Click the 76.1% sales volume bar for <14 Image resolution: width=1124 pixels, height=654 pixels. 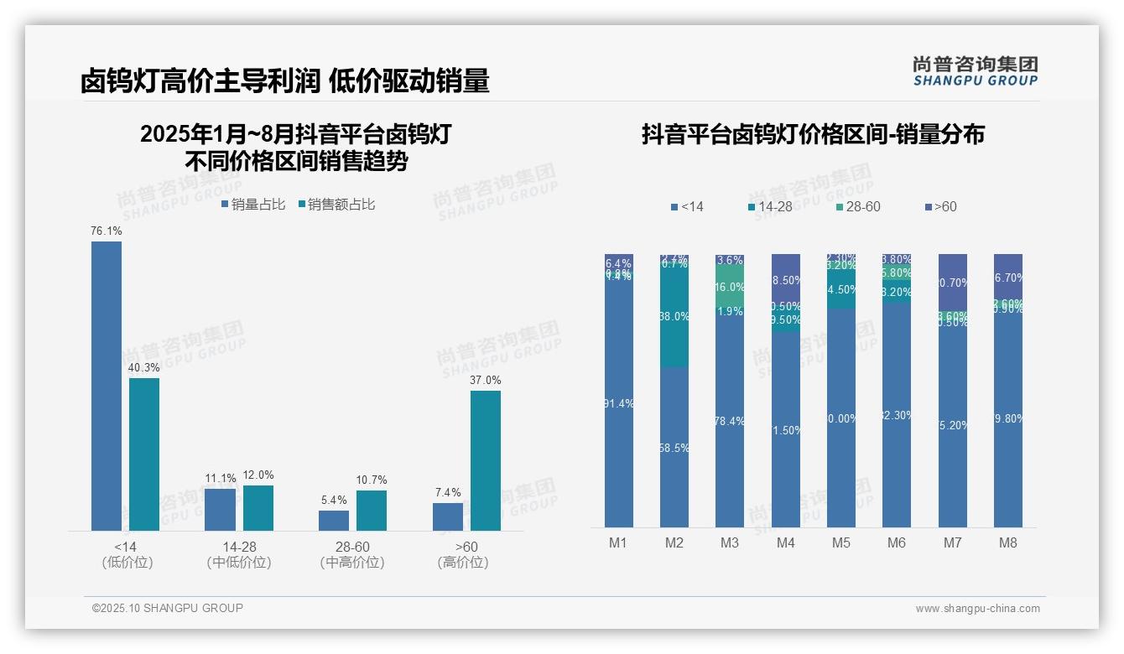[107, 386]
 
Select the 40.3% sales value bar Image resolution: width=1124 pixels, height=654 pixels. [144, 454]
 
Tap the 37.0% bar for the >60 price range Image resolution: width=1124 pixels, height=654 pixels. [486, 460]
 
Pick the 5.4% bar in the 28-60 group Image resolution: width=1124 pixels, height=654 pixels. [334, 521]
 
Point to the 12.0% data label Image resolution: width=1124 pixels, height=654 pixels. [258, 475]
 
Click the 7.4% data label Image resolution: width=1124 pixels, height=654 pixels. [448, 492]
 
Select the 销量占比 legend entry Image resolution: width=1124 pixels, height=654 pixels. [252, 205]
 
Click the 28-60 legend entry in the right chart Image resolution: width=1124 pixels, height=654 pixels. [857, 207]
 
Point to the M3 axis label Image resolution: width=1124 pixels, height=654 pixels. [730, 542]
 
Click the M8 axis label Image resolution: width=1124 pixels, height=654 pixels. [1008, 542]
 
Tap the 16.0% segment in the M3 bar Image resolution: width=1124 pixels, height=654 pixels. [730, 286]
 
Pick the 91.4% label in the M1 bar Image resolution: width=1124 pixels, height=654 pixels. [618, 403]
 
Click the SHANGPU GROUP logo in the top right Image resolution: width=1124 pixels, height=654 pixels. [975, 71]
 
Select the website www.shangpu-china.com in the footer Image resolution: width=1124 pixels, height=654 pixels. [977, 609]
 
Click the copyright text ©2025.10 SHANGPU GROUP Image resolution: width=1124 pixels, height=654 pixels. [168, 608]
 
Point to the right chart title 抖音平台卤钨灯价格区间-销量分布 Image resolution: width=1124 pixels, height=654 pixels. [813, 134]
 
